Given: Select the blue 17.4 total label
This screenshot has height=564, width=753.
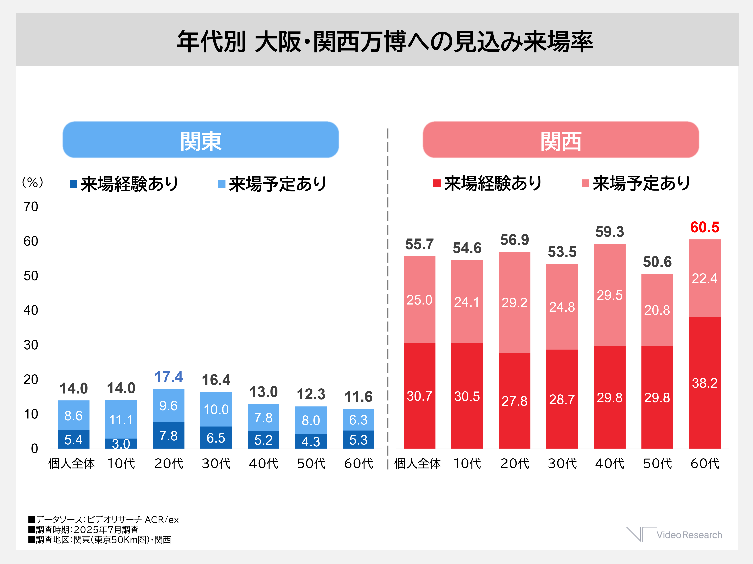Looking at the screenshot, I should (168, 377).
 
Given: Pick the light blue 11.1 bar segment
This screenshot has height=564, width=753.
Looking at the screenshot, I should (121, 419).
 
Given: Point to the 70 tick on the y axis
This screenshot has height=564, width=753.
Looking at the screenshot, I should (31, 207).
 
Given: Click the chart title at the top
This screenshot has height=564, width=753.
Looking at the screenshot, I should (385, 42).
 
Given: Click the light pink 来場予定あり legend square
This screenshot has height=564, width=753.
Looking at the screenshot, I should (585, 183).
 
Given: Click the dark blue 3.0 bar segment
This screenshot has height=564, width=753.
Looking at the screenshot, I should (121, 443).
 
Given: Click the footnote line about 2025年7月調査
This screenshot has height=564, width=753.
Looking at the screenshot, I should (84, 530).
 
